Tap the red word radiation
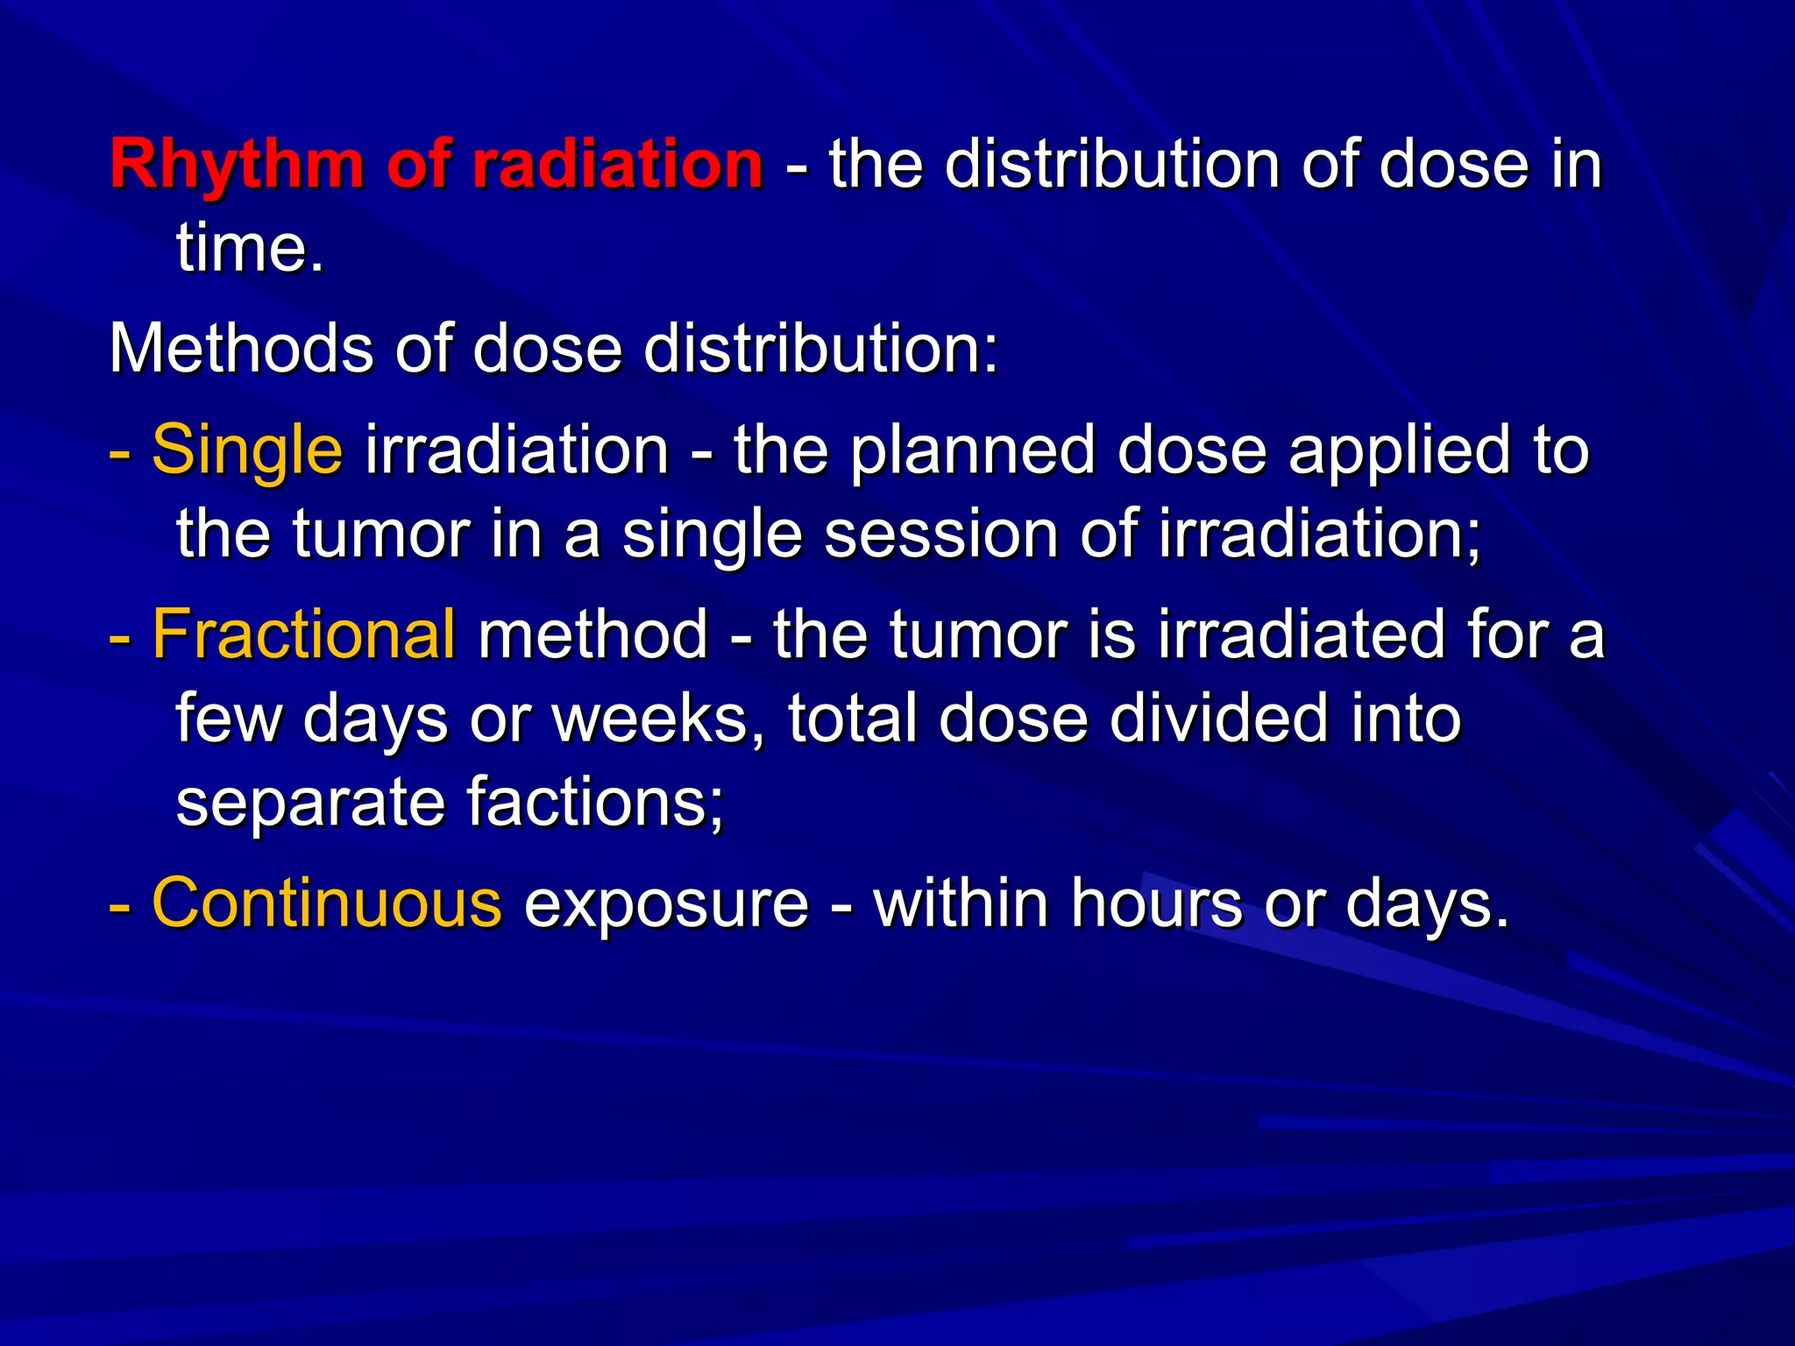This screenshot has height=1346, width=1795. [618, 165]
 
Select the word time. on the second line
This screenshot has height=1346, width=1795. [250, 249]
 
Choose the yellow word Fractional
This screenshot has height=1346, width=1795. [303, 634]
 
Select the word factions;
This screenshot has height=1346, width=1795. [595, 801]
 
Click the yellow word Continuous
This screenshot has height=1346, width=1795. [327, 903]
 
